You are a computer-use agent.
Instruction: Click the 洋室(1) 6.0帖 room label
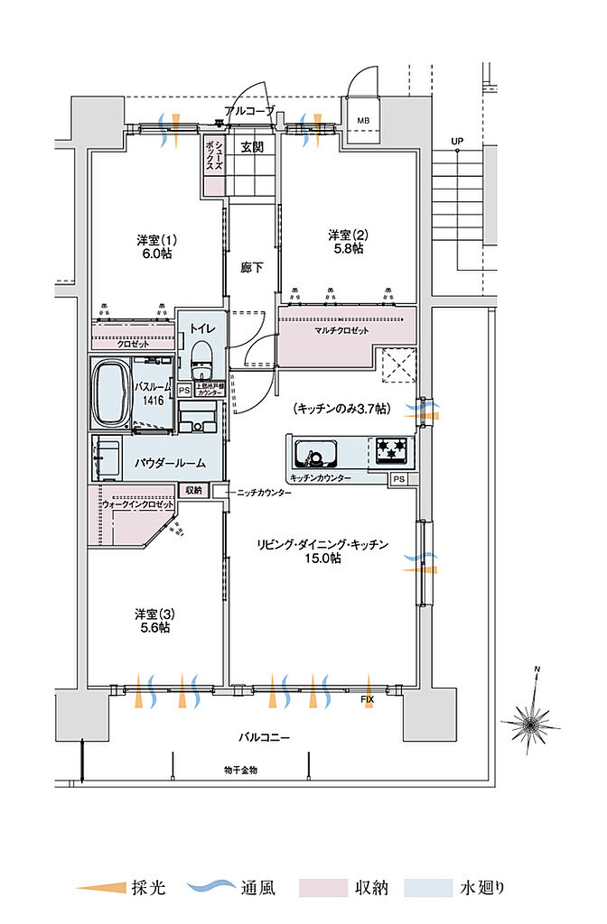155,246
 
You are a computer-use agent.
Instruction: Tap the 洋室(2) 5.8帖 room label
346,241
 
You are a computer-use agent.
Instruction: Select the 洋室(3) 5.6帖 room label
153,621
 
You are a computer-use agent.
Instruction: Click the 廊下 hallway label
253,267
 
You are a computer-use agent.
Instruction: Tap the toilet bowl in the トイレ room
201,354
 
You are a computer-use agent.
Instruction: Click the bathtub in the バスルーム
111,393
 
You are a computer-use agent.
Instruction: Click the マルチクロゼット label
342,331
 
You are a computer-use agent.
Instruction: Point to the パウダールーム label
170,462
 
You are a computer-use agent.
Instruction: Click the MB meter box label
362,120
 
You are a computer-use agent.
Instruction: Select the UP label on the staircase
457,142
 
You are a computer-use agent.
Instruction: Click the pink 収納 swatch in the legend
322,889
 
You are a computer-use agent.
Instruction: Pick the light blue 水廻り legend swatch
429,889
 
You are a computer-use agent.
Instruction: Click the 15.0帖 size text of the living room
322,559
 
